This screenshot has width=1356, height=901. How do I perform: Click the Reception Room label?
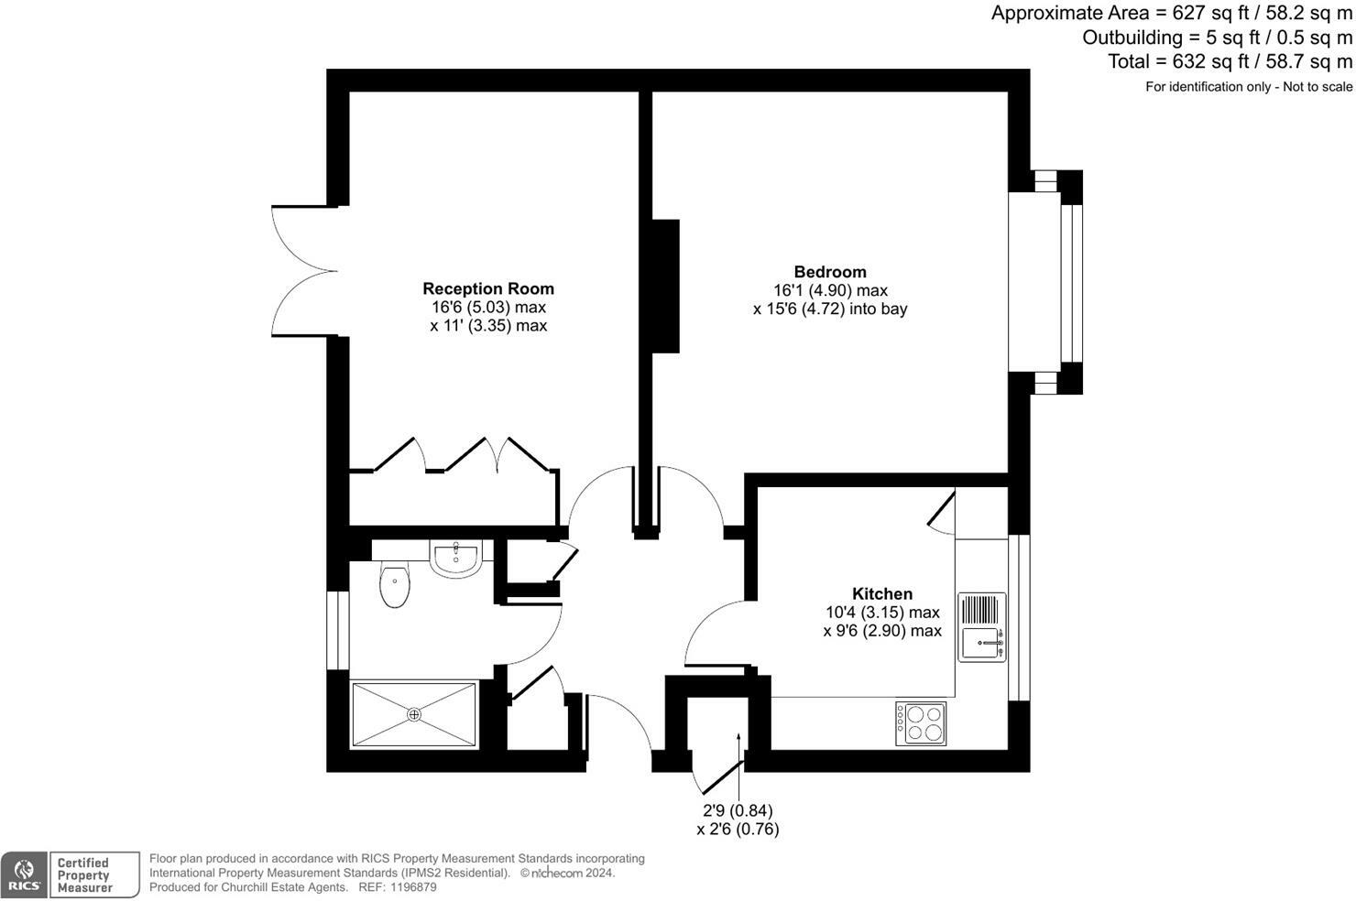click(x=487, y=289)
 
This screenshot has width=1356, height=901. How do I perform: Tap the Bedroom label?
click(x=830, y=272)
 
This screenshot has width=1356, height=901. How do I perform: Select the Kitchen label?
click(x=882, y=593)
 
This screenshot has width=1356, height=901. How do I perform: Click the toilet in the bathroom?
click(x=395, y=585)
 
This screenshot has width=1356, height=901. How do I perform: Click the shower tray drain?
click(x=414, y=714)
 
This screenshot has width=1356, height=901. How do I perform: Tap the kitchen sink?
click(x=981, y=641)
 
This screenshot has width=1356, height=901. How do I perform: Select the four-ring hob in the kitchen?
click(x=921, y=723)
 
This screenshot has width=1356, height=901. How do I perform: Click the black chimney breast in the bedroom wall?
click(x=665, y=286)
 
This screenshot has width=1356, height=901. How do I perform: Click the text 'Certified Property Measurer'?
click(x=84, y=875)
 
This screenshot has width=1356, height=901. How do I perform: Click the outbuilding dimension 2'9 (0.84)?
click(x=738, y=811)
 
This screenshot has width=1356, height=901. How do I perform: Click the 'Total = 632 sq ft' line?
click(x=1229, y=61)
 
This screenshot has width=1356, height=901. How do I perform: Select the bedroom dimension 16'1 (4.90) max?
click(x=830, y=290)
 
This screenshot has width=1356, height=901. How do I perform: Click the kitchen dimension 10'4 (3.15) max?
click(x=882, y=613)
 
